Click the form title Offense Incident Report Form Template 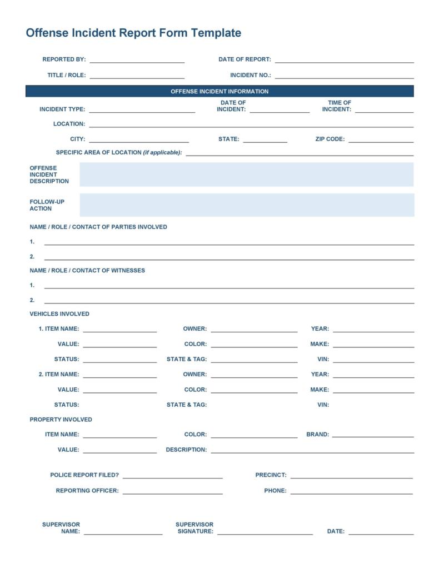tap(133, 33)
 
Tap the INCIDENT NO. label tap(251, 75)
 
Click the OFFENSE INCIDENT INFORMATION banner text tap(219, 92)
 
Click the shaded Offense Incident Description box tap(247, 175)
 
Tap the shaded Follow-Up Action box tap(247, 205)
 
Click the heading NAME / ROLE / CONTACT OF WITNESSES tap(87, 271)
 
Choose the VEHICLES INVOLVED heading tap(59, 314)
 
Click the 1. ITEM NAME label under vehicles tap(59, 329)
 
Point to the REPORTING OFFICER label tap(87, 491)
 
